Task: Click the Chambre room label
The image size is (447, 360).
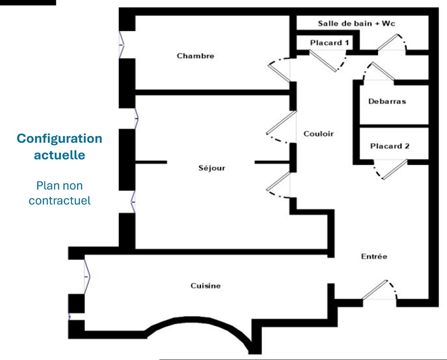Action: point(195,56)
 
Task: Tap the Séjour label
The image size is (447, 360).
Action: point(212,168)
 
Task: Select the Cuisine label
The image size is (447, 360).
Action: point(206,286)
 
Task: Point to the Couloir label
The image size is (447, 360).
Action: point(318,134)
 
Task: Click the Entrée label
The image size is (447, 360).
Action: point(374,256)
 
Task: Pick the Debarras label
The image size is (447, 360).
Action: point(387,101)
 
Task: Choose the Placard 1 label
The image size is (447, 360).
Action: point(329,43)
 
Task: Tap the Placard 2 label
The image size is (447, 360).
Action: point(390,146)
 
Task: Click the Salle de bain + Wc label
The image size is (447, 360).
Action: point(356,23)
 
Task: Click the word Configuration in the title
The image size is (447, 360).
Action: point(60,138)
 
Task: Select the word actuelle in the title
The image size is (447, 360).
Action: point(60,155)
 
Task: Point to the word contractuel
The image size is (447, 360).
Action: point(60,201)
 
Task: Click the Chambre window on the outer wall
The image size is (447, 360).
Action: point(122,44)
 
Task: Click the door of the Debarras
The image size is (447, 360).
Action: point(380,72)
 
